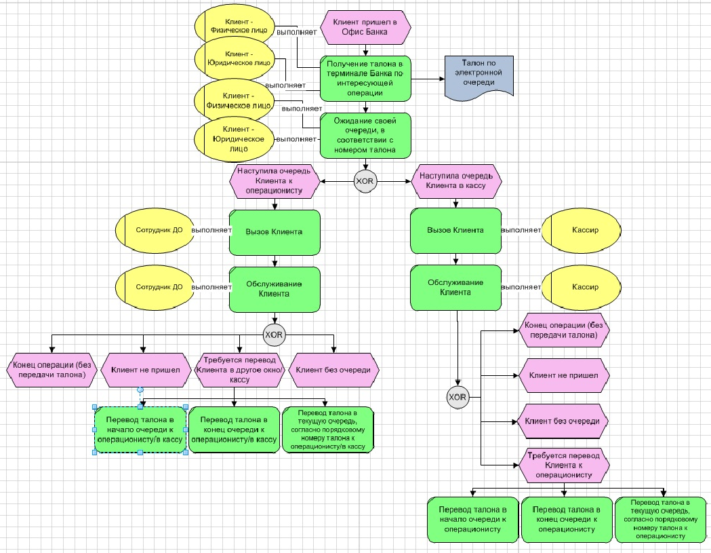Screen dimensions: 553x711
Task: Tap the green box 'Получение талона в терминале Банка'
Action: coord(366,77)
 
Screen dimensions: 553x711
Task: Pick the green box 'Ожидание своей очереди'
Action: coord(366,135)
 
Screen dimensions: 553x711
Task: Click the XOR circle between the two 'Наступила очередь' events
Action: coord(365,182)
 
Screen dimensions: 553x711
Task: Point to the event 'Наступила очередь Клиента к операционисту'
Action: coord(274,182)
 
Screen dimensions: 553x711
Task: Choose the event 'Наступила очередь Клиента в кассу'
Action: coord(456,180)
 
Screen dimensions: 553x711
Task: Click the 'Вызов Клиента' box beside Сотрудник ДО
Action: coord(275,231)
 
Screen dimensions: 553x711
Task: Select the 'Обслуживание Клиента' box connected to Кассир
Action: coord(455,288)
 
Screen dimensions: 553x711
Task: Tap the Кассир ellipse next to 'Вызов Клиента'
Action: coord(585,231)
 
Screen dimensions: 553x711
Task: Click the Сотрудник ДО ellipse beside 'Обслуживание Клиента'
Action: coord(159,287)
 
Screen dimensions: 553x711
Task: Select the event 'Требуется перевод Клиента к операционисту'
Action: coord(564,465)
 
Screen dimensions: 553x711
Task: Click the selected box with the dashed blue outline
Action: coord(140,430)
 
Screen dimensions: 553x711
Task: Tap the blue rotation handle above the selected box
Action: coord(140,389)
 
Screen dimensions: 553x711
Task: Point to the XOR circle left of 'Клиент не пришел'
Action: coord(458,397)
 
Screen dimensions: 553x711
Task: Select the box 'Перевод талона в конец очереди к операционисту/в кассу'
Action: coord(233,430)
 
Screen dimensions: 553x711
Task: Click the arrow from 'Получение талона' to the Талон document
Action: coord(428,78)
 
